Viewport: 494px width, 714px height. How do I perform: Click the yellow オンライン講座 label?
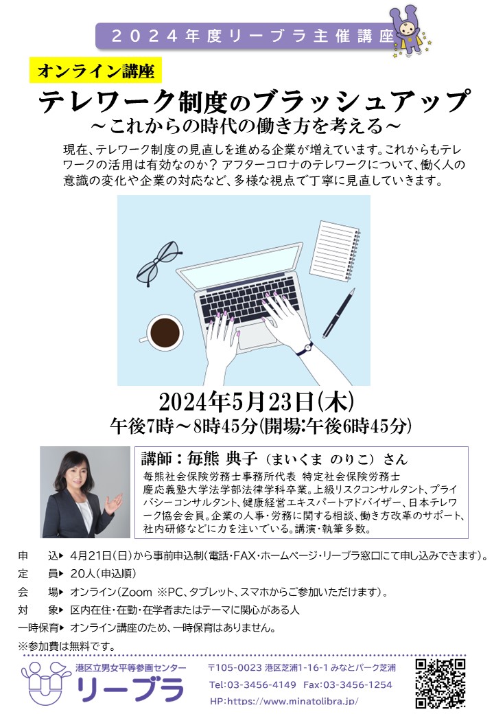95,71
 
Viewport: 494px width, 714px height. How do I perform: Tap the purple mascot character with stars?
410,32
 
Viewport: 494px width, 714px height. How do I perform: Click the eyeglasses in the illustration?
157,264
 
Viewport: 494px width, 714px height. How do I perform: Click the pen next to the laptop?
339,312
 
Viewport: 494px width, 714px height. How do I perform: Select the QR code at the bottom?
440,684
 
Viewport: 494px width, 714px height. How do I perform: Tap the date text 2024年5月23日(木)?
256,402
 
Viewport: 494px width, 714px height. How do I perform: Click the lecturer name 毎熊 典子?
222,458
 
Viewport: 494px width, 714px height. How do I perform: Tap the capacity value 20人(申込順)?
103,574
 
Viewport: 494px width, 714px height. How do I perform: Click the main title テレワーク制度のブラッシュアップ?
255,101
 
